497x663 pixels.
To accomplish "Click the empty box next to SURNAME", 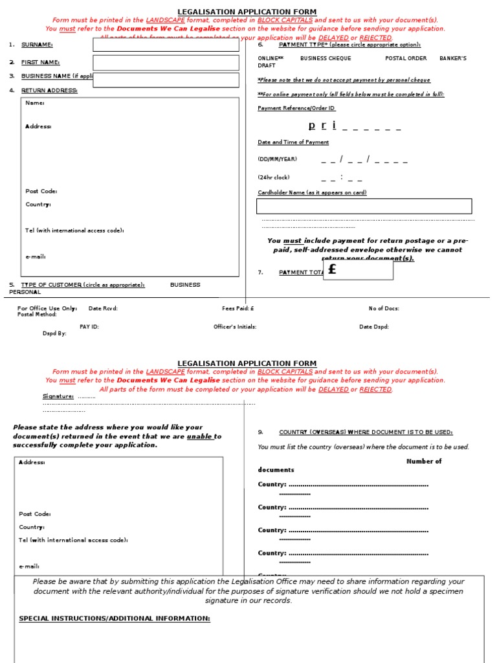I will pyautogui.click(x=166, y=45).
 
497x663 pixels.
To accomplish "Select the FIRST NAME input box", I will pyautogui.click(x=166, y=62).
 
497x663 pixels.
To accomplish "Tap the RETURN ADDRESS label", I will pyautogui.click(x=49, y=91).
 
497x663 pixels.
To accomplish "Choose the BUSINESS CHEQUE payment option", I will pyautogui.click(x=326, y=58).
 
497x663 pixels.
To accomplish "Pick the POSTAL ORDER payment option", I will pyautogui.click(x=406, y=58).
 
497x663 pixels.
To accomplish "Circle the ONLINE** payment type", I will pyautogui.click(x=271, y=58).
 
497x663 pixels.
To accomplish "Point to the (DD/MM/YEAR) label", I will pyautogui.click(x=278, y=159).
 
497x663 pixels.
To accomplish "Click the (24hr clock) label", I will pyautogui.click(x=274, y=177).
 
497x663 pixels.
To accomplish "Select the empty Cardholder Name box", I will pyautogui.click(x=364, y=207).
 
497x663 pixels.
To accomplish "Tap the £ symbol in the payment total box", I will pyautogui.click(x=333, y=269).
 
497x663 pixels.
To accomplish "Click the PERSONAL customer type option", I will pyautogui.click(x=25, y=292).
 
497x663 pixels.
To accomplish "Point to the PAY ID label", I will pyautogui.click(x=89, y=327).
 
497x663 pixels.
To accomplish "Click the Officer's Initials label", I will pyautogui.click(x=235, y=327).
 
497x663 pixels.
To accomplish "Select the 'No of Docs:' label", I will pyautogui.click(x=384, y=309).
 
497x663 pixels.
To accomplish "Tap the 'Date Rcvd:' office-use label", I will pyautogui.click(x=103, y=309).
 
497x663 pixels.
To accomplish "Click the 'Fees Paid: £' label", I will pyautogui.click(x=238, y=309).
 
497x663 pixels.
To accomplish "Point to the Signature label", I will pyautogui.click(x=58, y=396).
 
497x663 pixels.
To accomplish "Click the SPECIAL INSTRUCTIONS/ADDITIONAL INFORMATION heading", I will pyautogui.click(x=115, y=619).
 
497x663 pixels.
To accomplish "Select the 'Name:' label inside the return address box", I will pyautogui.click(x=35, y=103).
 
